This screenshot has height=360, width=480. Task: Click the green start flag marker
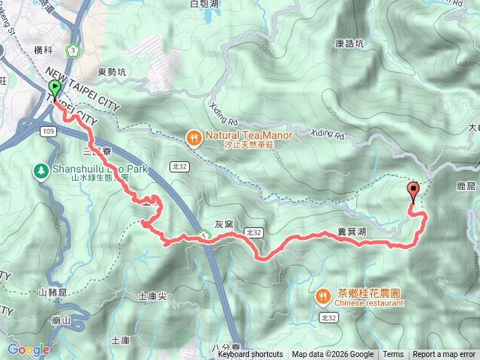55,89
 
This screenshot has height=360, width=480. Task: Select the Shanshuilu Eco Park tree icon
40,170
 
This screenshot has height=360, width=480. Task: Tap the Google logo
28,349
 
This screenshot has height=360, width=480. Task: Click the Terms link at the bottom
393,355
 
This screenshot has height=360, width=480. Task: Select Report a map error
443,355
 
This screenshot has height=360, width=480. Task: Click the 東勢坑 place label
113,72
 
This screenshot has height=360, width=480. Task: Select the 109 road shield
49,131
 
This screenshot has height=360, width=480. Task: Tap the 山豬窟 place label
52,292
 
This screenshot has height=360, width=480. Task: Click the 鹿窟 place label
466,184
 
